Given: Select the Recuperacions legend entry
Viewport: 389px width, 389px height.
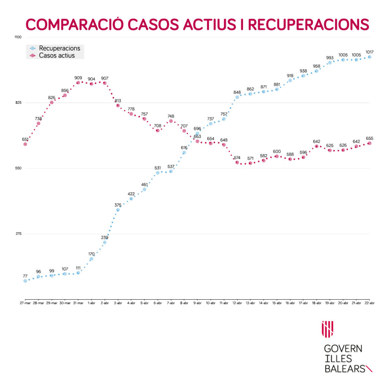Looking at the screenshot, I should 59,48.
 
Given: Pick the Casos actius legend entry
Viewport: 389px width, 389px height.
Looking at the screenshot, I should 57,55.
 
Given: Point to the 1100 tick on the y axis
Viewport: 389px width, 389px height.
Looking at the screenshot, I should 18,37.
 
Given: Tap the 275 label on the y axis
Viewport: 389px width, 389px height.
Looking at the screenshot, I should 18,234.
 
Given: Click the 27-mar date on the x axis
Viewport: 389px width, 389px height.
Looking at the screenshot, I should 25,302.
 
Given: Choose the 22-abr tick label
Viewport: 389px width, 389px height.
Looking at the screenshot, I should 369,302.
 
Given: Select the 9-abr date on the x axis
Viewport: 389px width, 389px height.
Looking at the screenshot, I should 197,302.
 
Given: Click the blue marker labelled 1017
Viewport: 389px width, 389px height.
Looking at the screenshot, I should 370,57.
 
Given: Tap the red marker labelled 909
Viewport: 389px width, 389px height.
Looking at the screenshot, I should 78,83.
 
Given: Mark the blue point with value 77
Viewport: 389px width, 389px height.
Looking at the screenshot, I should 25,281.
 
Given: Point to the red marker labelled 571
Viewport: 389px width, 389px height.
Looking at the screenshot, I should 250,163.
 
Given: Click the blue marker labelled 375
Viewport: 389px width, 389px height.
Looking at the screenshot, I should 118,210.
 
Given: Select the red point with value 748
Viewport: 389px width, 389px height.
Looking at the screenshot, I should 171,121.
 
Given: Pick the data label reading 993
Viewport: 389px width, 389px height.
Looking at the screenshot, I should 330,58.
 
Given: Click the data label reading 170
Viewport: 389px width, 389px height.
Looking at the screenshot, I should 91,254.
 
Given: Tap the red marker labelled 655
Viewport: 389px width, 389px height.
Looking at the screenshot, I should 370,143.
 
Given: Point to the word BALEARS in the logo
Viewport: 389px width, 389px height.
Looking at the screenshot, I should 344,368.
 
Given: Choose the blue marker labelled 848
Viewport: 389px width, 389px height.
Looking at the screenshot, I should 237,97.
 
